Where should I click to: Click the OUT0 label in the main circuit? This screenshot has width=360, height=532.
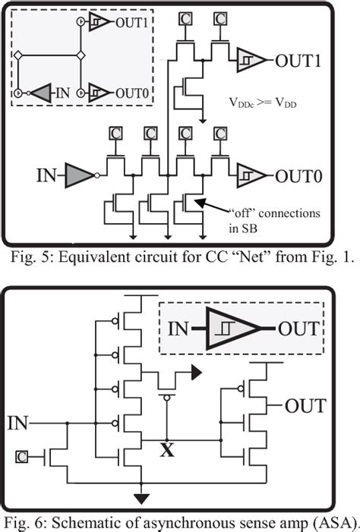pos(302,176)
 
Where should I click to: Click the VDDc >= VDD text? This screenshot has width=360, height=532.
pos(263,100)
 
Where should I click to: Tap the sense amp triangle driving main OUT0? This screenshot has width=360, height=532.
pos(250,175)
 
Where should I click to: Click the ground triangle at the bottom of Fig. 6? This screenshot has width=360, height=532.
pos(141,497)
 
